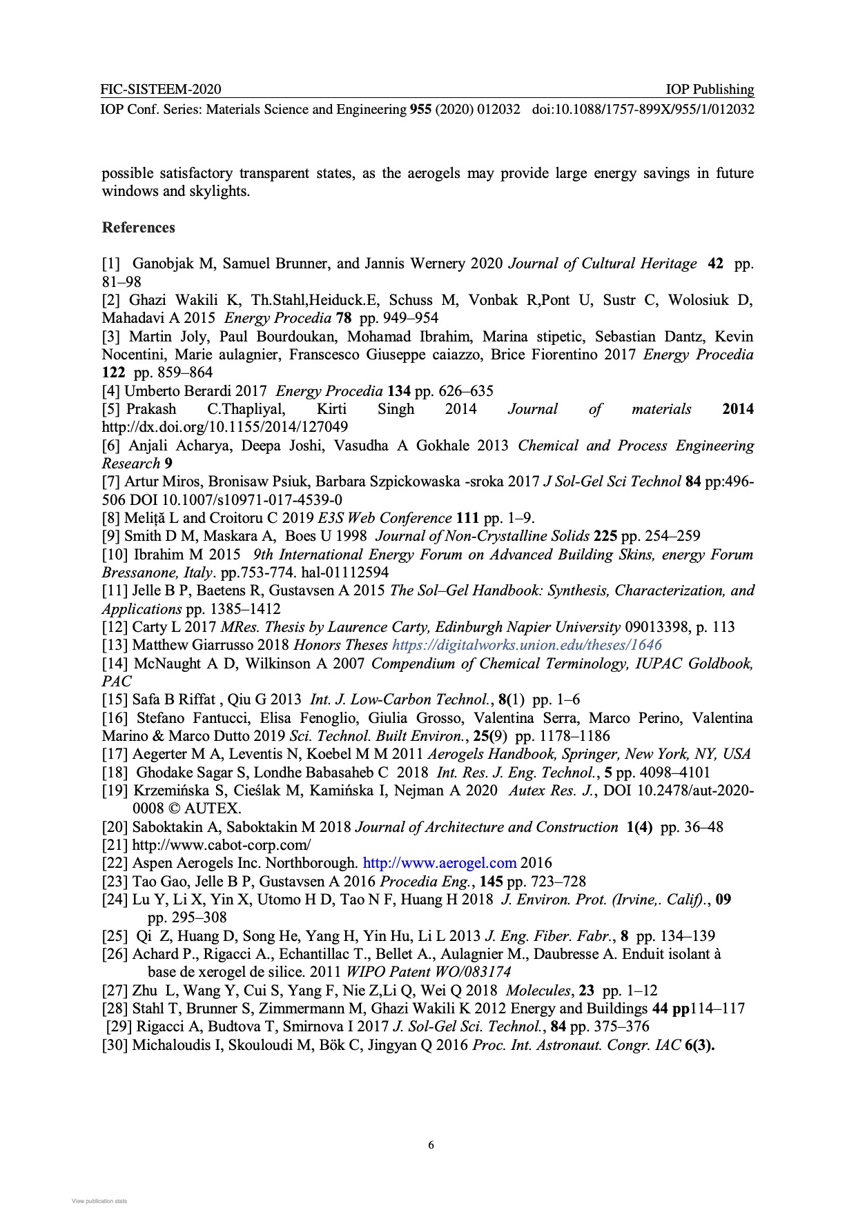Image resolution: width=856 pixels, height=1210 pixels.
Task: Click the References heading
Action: pos(138,228)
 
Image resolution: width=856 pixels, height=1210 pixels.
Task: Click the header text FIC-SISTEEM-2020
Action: pos(160,89)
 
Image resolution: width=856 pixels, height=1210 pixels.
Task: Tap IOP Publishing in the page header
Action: pos(710,89)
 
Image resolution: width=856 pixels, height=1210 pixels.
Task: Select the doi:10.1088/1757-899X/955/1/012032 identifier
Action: pos(643,109)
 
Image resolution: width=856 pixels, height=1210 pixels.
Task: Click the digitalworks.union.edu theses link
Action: pos(527,645)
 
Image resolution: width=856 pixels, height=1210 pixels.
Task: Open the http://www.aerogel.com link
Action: pos(439,863)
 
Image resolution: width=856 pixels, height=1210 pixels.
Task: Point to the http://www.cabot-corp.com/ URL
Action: pos(222,845)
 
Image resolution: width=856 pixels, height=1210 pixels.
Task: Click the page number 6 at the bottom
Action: pos(431,1145)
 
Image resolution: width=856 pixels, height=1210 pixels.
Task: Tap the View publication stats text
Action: pos(99,1201)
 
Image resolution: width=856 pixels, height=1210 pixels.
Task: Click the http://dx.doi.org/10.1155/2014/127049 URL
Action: pos(225,427)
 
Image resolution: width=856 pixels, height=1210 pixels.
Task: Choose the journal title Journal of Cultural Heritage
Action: pos(603,264)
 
